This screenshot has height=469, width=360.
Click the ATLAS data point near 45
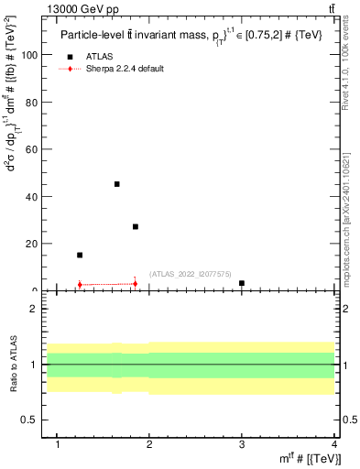[x=117, y=184]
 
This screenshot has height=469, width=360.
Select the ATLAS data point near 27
[x=136, y=226]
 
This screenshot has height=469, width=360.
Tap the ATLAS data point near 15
[x=80, y=255]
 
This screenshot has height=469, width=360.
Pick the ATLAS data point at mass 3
[x=242, y=283]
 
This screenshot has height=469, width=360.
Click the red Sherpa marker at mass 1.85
[x=136, y=283]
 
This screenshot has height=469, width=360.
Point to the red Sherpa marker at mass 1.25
[x=80, y=284]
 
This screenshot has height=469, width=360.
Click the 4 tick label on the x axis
[x=334, y=445]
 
